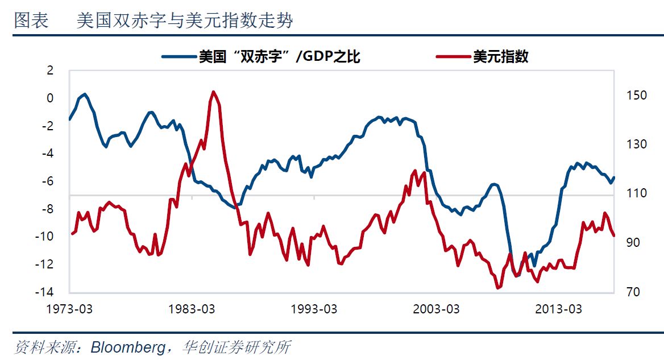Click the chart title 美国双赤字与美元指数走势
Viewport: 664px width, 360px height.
185,21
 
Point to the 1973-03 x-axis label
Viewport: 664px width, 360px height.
69,309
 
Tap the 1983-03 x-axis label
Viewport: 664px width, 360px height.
192,309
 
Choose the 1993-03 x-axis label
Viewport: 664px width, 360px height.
314,309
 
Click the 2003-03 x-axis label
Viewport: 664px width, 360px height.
436,309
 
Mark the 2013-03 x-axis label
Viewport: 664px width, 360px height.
558,309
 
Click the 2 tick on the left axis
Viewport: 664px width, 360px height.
49,71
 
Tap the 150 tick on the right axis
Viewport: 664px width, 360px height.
636,95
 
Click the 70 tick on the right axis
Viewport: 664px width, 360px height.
633,292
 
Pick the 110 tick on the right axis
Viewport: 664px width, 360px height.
636,193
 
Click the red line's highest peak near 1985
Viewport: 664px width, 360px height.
213,92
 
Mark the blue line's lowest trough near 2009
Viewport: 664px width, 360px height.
517,276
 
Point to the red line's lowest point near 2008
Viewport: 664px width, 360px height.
498,288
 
